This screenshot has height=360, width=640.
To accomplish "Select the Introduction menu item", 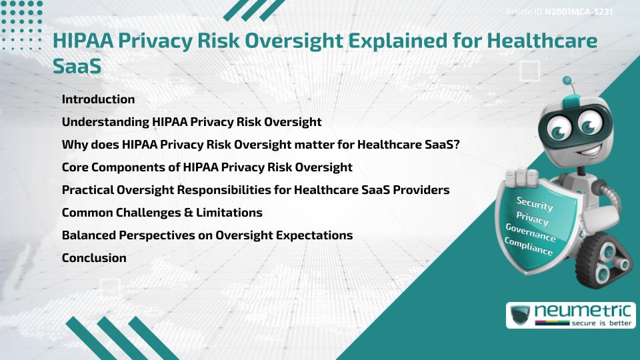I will coord(98,99).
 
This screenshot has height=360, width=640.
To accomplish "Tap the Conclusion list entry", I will coord(94,258).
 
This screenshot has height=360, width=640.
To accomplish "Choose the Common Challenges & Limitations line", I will coord(162,213).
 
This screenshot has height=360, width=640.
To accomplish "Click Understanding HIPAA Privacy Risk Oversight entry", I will coord(191,122).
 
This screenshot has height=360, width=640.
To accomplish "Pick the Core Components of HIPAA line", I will coord(207,167).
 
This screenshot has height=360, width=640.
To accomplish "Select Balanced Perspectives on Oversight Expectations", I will coord(207,235).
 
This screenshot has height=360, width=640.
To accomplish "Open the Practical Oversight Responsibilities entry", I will coord(255,190).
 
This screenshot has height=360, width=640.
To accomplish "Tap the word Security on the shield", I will coord(535,205).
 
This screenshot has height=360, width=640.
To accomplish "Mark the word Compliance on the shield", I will coord(529,246).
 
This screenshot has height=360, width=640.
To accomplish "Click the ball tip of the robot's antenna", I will coord(567,81).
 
